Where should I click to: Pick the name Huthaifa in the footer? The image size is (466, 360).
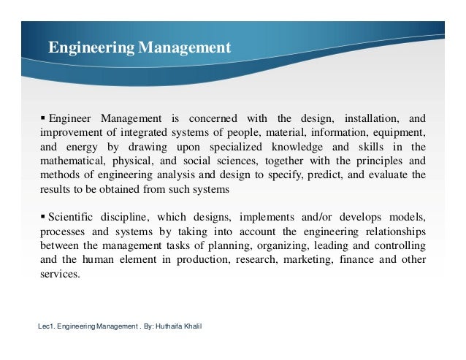click(172, 326)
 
